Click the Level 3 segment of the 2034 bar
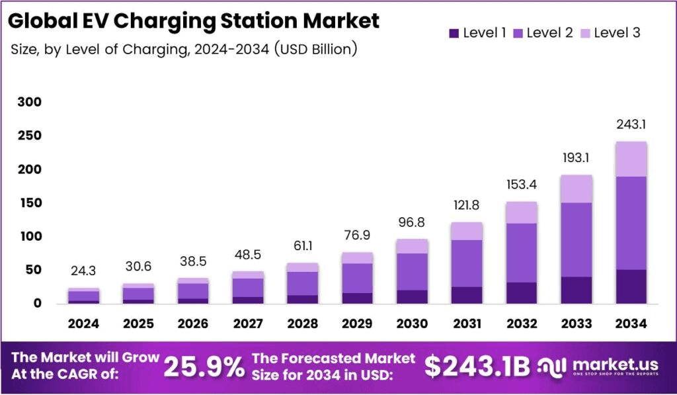click(x=631, y=159)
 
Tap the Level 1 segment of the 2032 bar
click(x=522, y=292)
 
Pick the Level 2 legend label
click(x=550, y=32)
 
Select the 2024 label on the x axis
click(x=83, y=324)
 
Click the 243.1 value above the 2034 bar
click(x=631, y=124)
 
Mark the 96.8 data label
click(x=412, y=222)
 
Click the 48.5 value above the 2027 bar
click(x=247, y=255)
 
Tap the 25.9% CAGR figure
click(x=204, y=367)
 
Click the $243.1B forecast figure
click(x=475, y=367)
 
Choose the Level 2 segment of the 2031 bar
click(x=467, y=263)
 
